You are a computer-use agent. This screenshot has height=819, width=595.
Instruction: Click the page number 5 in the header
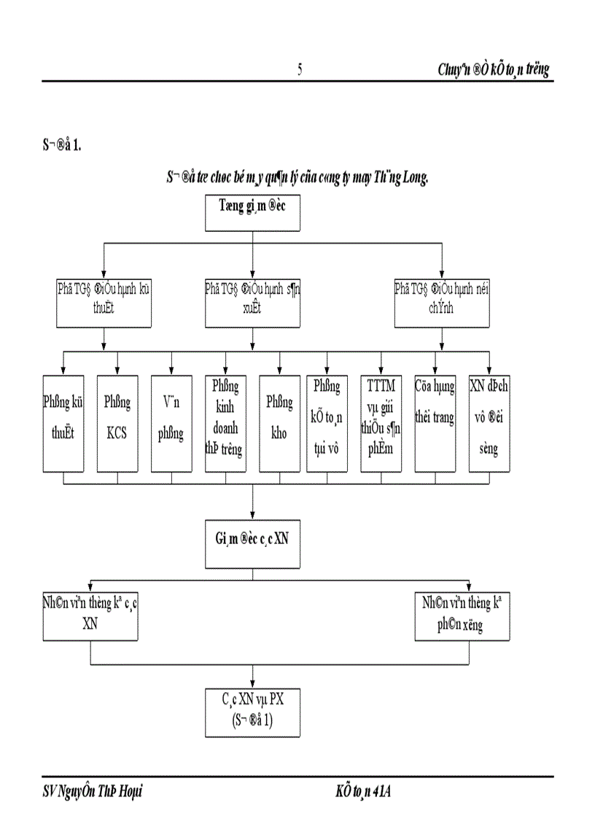point(300,69)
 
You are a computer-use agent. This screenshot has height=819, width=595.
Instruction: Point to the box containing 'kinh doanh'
point(225,423)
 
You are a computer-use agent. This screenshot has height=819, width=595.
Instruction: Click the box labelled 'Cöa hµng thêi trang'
point(435,423)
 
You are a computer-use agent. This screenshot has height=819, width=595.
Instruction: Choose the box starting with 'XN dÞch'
point(489,423)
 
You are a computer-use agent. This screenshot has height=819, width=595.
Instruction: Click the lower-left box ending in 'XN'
point(90,616)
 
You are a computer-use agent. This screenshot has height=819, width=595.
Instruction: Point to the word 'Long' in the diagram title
point(411,176)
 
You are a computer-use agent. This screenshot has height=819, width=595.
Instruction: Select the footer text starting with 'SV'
point(92,791)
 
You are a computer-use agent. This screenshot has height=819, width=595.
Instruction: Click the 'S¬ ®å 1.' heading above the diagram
point(62,145)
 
